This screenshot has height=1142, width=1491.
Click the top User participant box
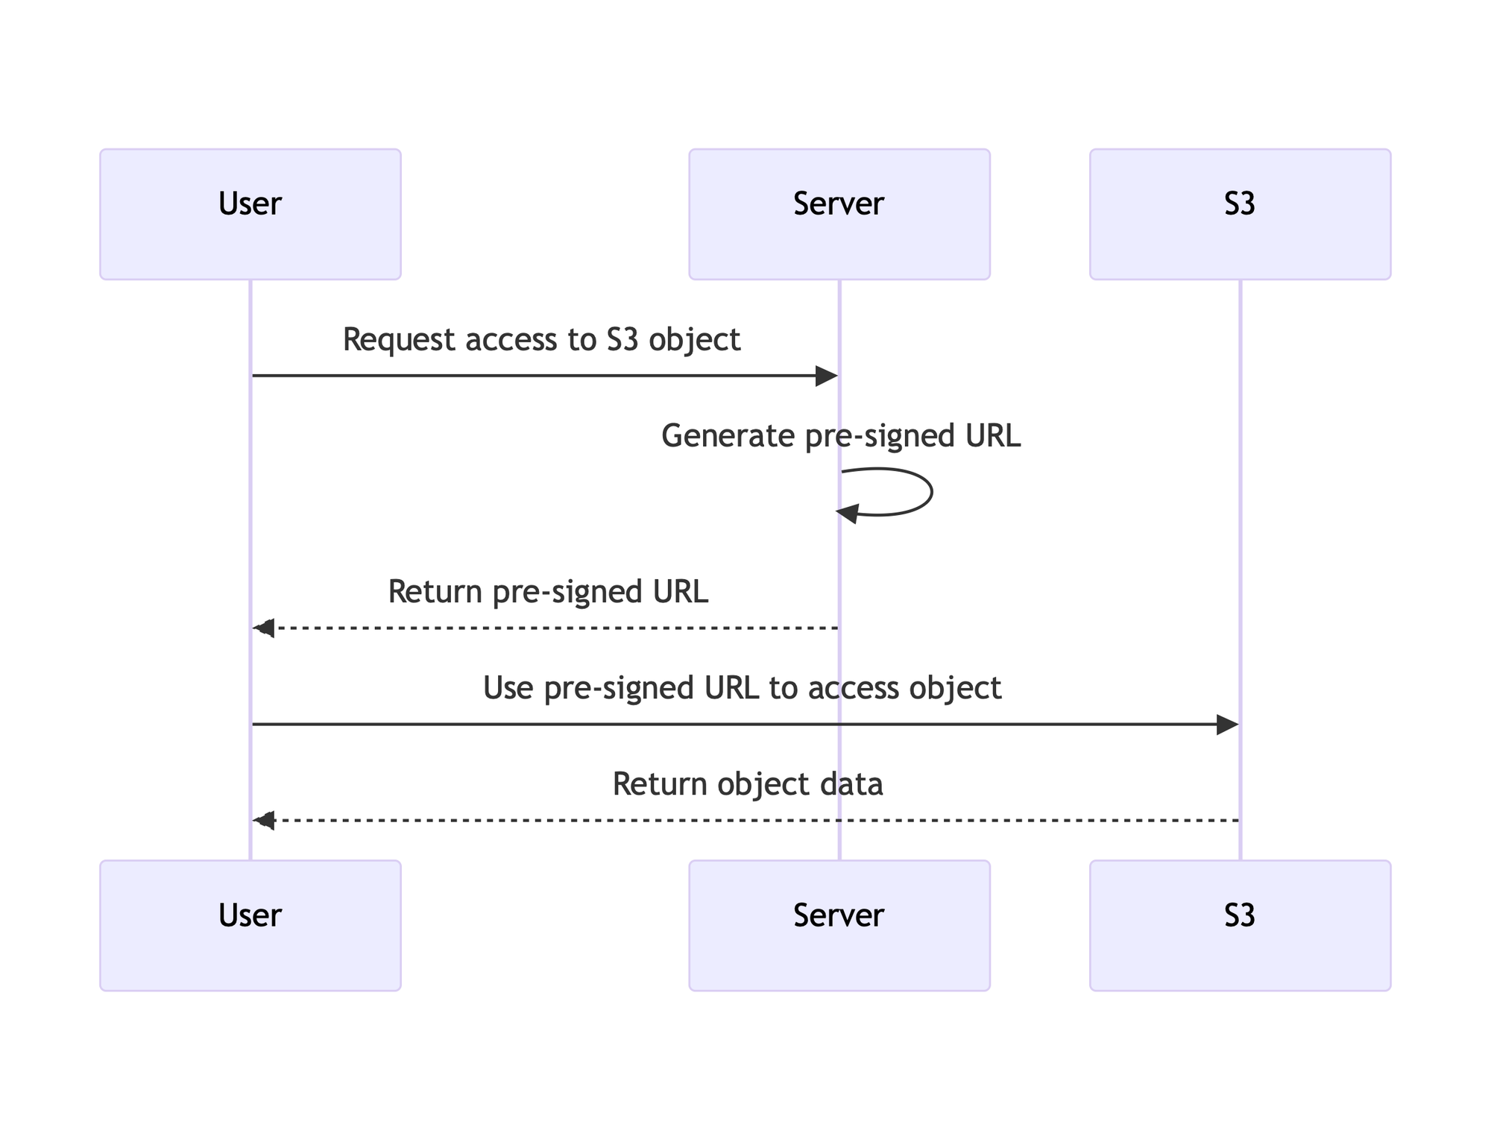coord(250,214)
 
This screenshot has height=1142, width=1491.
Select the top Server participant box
coord(839,214)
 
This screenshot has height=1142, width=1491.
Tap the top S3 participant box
coord(1240,214)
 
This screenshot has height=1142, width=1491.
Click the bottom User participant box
coord(250,925)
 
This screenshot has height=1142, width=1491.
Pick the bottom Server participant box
coord(839,925)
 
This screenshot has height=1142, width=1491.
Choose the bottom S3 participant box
coord(1240,925)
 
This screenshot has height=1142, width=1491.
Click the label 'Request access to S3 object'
coord(541,340)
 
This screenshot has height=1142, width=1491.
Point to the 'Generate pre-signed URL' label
coord(840,436)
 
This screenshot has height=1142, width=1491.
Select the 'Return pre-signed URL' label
coord(548,592)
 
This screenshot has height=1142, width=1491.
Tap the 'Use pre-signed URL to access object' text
coord(742,688)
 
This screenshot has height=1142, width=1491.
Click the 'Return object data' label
coord(748,784)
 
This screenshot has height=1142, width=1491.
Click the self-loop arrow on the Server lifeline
coord(930,492)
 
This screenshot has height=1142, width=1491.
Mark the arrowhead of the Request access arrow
coord(827,376)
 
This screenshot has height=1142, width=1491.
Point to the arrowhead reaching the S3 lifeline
coord(1227,724)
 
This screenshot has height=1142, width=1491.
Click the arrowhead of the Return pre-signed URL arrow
coord(264,628)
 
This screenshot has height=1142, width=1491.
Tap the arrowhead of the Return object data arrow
coord(264,821)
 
